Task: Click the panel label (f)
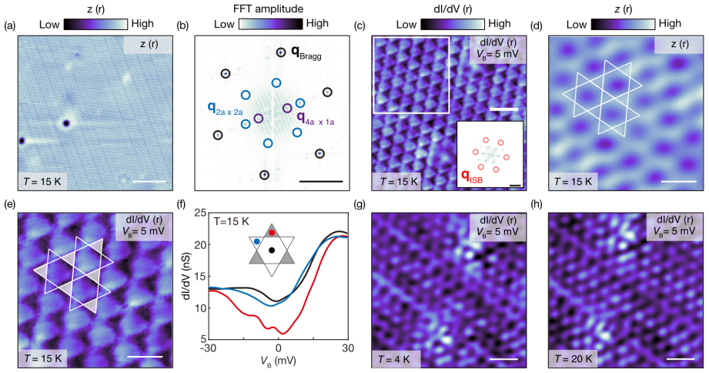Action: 182,203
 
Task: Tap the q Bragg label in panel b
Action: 306,53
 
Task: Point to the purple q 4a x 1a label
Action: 315,118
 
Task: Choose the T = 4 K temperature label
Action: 395,359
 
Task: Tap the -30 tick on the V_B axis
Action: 209,348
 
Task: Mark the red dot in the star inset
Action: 272,233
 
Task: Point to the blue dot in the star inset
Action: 257,241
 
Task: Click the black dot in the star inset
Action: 271,250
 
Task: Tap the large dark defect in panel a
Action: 66,123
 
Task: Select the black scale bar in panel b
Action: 321,182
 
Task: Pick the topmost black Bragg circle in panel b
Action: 281,52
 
